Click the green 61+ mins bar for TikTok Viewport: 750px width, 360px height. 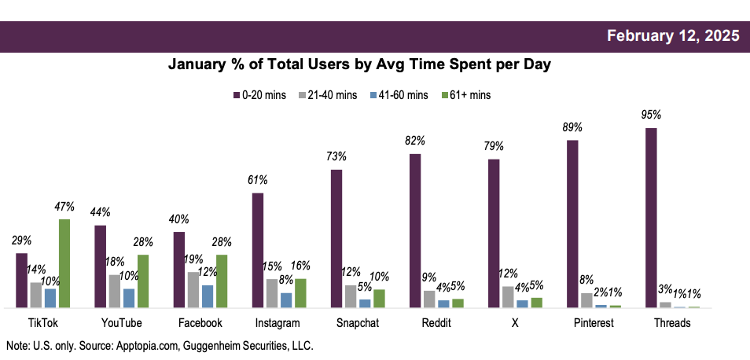64,263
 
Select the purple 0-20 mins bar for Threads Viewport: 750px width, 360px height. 651,218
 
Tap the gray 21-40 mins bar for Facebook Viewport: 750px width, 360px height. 193,290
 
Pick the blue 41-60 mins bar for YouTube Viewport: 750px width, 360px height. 129,298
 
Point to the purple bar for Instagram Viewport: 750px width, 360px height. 258,250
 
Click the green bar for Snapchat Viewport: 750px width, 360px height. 379,299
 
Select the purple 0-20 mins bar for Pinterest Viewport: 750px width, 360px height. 572,224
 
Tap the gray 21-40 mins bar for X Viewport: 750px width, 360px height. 508,297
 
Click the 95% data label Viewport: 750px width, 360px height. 651,116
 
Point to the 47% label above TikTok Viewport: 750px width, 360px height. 64,207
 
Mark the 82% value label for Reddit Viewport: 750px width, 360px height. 415,141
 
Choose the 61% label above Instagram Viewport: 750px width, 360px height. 258,180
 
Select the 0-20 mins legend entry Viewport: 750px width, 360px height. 259,95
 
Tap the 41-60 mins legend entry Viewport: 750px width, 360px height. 399,95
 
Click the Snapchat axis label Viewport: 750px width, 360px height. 357,323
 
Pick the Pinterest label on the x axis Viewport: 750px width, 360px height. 594,323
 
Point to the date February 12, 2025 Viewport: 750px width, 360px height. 674,36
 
